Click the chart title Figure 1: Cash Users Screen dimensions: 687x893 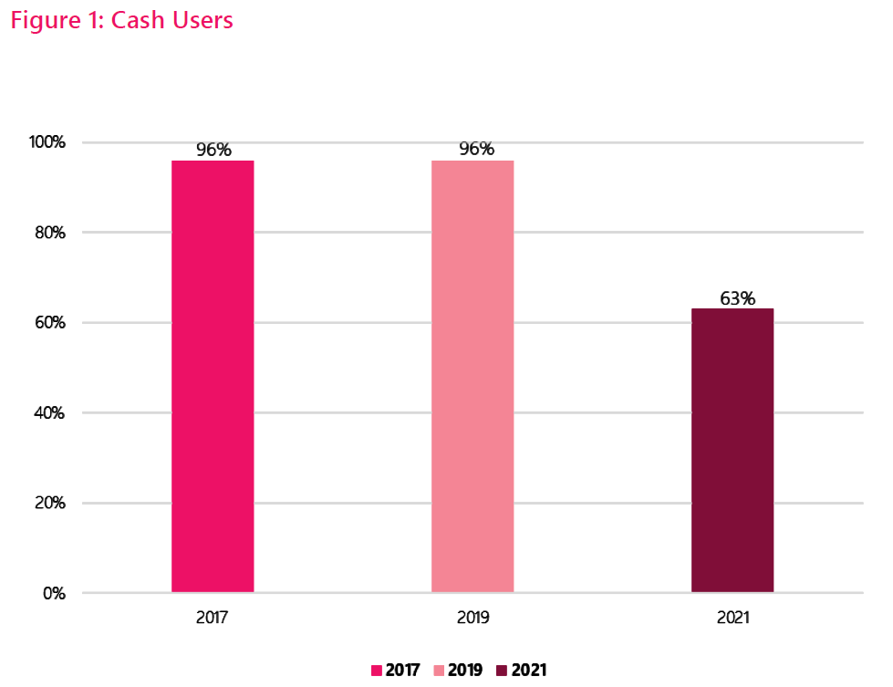point(121,20)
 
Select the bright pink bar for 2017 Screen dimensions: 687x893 point(213,376)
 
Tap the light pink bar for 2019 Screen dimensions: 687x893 point(472,376)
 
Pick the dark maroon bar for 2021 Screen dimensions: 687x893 point(732,451)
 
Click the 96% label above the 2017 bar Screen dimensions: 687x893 point(213,150)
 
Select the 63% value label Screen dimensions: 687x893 point(736,297)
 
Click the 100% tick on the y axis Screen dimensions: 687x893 point(47,142)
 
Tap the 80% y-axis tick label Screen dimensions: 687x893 point(48,233)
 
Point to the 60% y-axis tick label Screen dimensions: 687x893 point(48,323)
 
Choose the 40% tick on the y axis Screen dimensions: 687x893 point(48,412)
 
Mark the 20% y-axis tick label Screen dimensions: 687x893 point(48,503)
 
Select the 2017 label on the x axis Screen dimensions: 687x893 point(212,618)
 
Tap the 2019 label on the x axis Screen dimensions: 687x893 point(472,618)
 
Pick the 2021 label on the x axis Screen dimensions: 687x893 point(732,618)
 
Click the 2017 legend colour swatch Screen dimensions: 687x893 point(376,671)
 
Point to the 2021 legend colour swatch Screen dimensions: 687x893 point(502,671)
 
